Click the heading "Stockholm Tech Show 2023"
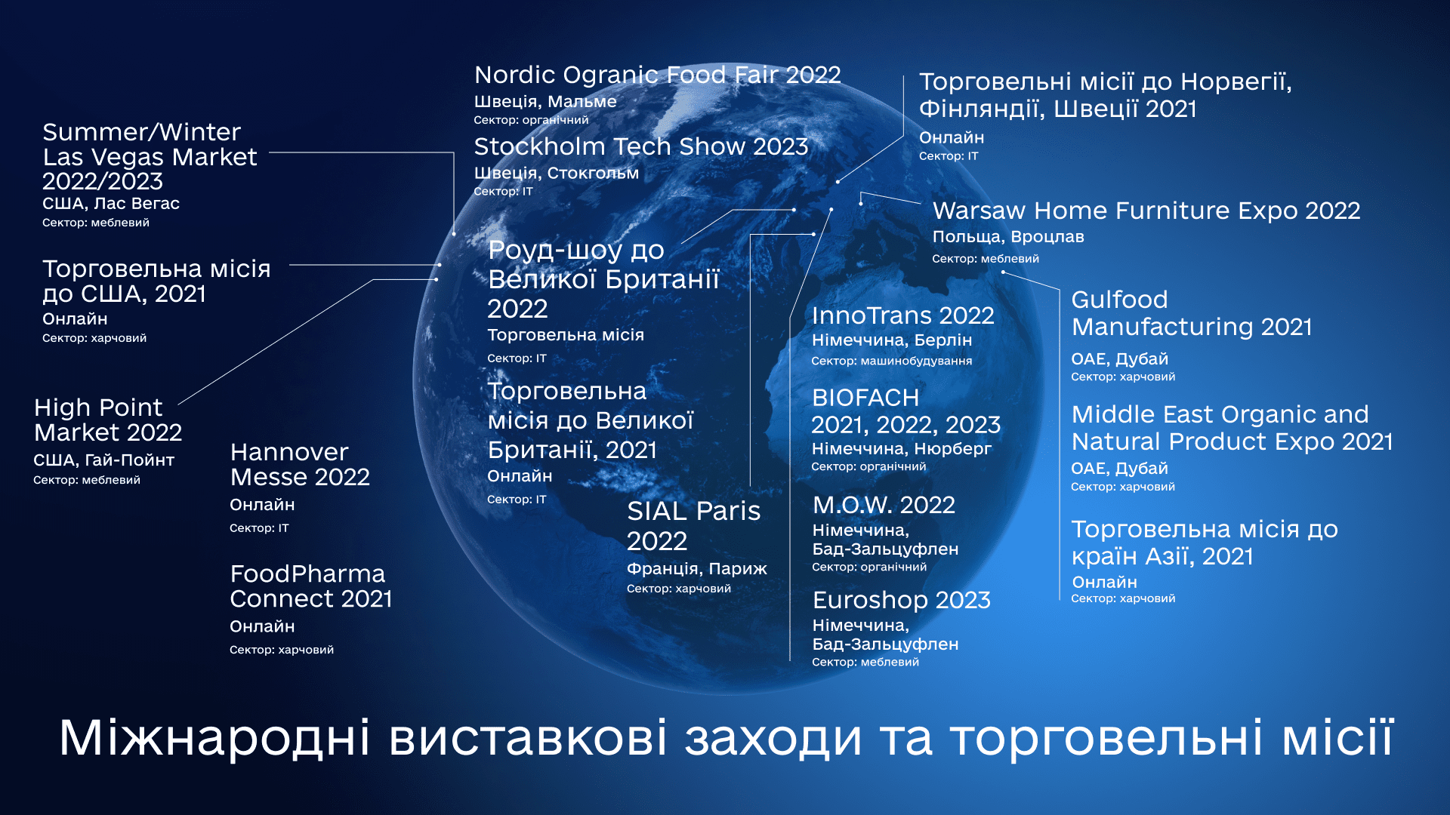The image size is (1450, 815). tap(641, 146)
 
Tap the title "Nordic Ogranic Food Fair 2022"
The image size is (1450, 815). tap(657, 75)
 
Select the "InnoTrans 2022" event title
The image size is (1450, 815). tap(902, 315)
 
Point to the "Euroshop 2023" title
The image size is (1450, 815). tap(901, 600)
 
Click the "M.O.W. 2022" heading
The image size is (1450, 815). tap(884, 505)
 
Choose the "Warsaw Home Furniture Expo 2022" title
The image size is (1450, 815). tap(1146, 211)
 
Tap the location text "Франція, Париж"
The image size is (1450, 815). tap(696, 569)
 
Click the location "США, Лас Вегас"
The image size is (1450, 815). tap(111, 204)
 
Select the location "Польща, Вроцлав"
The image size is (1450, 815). tap(1008, 237)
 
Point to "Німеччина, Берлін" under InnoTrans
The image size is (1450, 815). tap(891, 340)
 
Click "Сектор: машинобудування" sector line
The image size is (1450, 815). tap(891, 361)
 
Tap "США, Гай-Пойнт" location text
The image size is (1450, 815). tap(103, 460)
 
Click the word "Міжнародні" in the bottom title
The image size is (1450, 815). tap(214, 737)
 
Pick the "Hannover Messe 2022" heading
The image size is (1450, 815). tap(300, 465)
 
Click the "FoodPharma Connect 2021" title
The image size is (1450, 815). tap(311, 586)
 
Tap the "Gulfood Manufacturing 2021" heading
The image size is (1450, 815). tap(1191, 313)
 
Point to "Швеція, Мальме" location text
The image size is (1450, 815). tap(545, 102)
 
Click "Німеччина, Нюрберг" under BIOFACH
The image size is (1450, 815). tap(901, 449)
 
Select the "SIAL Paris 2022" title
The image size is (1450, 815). tap(693, 526)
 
